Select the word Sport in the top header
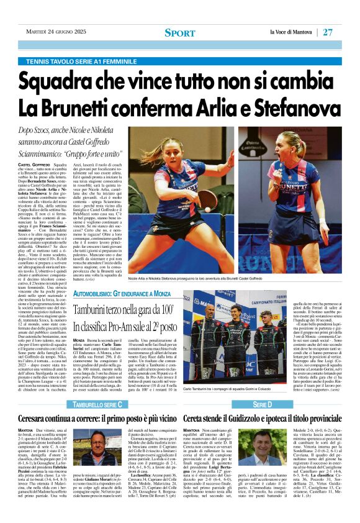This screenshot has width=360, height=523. [179, 33]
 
